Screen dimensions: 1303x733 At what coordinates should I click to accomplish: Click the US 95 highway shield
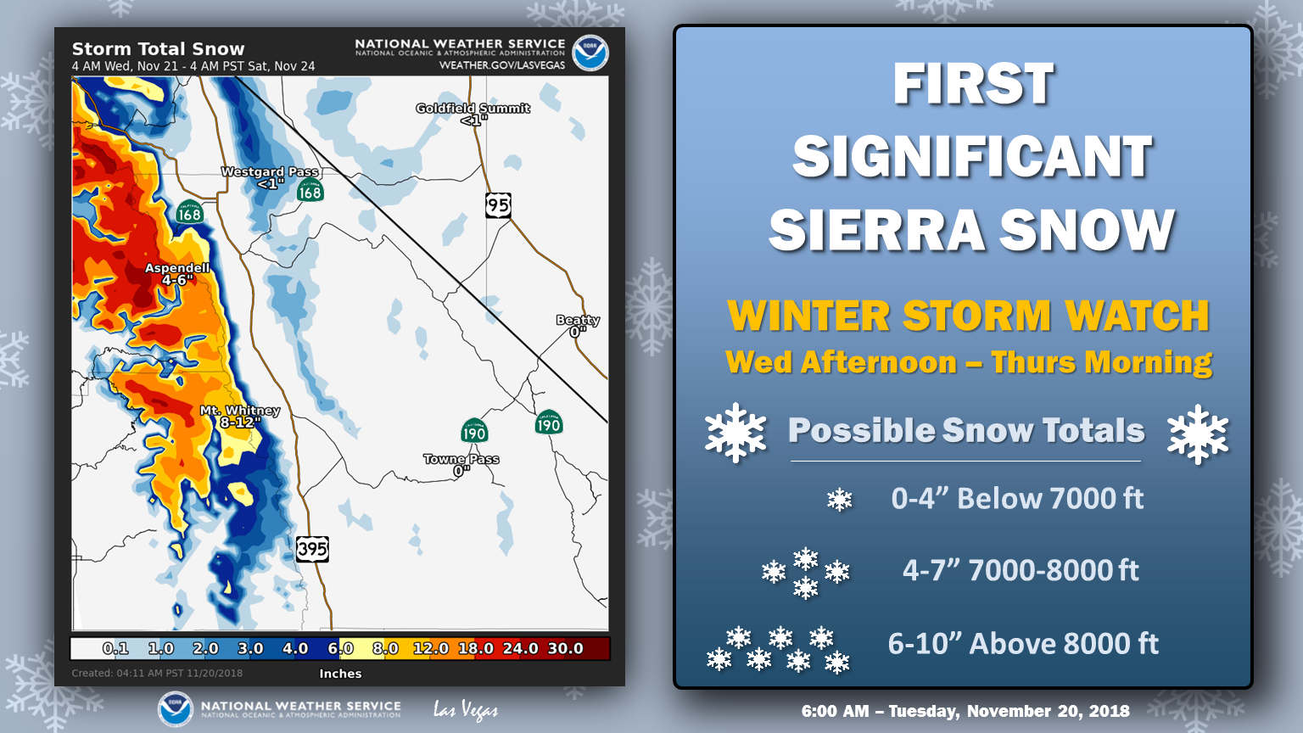[499, 205]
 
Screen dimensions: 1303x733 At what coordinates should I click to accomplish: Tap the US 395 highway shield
[312, 549]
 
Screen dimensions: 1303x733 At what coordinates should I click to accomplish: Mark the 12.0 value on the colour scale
[430, 648]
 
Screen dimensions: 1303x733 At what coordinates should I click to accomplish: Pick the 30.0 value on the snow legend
[566, 648]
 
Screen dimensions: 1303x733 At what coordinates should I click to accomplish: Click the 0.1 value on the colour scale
[115, 648]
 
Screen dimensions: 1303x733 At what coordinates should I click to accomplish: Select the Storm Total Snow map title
[159, 49]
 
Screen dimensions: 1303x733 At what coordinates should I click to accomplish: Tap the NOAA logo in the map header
[590, 53]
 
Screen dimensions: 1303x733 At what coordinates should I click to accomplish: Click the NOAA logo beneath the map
[175, 709]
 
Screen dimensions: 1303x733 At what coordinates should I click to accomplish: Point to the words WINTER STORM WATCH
[969, 316]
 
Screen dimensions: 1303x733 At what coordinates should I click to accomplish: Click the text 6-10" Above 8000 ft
[1023, 643]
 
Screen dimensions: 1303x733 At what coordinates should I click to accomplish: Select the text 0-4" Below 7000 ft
[1017, 499]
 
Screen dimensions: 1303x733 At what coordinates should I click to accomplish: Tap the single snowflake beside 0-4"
[839, 500]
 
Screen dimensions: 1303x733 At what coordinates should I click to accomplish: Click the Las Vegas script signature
[466, 710]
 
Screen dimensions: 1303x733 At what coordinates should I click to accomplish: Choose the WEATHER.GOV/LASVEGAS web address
[502, 65]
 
